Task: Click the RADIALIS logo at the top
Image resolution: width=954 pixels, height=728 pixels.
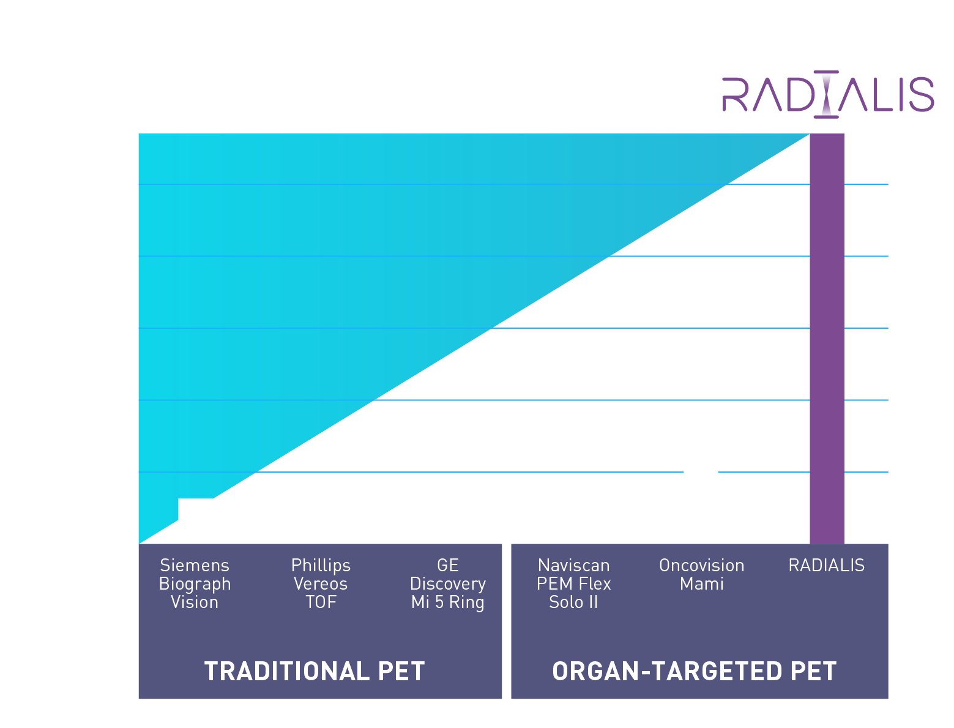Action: pos(827,94)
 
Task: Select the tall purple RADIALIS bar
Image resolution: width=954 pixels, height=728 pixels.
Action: pos(827,338)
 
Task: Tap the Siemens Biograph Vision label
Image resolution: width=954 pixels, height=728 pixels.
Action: pos(195,584)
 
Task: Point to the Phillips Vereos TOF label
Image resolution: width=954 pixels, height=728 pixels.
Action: pos(321,584)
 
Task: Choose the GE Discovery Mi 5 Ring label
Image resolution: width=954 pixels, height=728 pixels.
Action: pos(447,584)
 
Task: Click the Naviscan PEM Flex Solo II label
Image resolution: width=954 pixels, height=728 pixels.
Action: pos(573,584)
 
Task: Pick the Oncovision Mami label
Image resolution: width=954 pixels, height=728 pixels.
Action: pos(701,574)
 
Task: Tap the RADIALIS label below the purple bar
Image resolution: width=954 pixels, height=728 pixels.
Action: pos(826,565)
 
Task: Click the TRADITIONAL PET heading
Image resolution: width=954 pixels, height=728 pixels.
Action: pos(314,671)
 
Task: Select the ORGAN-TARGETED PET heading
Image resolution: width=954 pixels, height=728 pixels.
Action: pos(694,671)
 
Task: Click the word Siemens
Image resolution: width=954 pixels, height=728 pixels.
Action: pos(195,565)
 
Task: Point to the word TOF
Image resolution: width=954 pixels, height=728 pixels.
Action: pos(321,602)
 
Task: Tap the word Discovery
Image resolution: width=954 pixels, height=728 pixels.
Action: pos(447,584)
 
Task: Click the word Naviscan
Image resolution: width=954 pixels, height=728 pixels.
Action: pos(573,565)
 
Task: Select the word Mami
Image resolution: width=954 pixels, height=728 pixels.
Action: pos(701,584)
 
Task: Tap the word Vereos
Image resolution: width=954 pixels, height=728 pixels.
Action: pos(321,584)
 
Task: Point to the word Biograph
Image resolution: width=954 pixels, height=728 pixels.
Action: pos(195,584)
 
